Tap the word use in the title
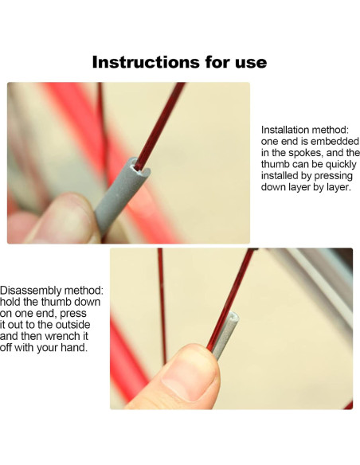pos(251,64)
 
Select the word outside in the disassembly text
pos(72,324)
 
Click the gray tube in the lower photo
pos(226,335)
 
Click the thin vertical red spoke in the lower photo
pos(162,306)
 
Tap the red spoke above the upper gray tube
pos(159,124)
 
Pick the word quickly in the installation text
pos(341,164)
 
